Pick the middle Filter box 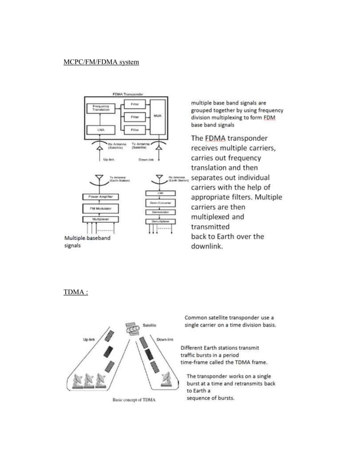click(135, 117)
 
